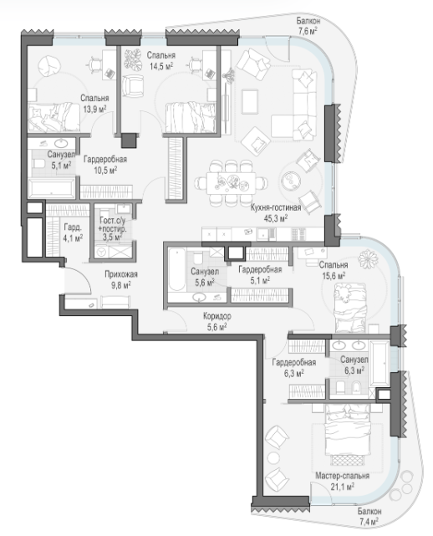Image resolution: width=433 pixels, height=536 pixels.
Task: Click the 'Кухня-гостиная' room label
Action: [x=276, y=208]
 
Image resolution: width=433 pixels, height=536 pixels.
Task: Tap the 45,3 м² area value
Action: [x=276, y=217]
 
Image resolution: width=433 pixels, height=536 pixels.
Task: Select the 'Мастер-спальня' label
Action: [x=342, y=476]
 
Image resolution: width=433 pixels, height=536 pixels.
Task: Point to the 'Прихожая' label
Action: [x=121, y=274]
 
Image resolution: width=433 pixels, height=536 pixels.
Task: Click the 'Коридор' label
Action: [x=216, y=316]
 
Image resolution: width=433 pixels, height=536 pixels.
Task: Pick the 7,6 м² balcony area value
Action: [x=308, y=32]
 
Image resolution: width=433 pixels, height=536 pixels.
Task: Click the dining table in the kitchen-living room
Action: [x=231, y=183]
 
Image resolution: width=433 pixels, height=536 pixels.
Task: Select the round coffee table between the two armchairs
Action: [x=290, y=180]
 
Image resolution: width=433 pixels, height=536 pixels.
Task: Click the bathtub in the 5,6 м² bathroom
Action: [x=177, y=270]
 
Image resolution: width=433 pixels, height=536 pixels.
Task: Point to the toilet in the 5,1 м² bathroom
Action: [x=38, y=165]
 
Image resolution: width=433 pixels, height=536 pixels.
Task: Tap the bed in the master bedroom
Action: [x=348, y=430]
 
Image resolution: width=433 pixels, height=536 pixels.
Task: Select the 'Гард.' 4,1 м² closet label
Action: [x=72, y=227]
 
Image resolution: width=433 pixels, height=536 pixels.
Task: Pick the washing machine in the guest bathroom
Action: [x=101, y=252]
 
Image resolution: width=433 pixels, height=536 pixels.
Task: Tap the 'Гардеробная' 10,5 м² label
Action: [x=105, y=160]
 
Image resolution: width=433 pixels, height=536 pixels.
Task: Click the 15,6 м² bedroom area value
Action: [x=334, y=275]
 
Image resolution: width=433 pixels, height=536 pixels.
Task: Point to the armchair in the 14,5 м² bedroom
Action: [x=133, y=85]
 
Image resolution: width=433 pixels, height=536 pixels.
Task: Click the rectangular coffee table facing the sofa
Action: [x=250, y=101]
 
